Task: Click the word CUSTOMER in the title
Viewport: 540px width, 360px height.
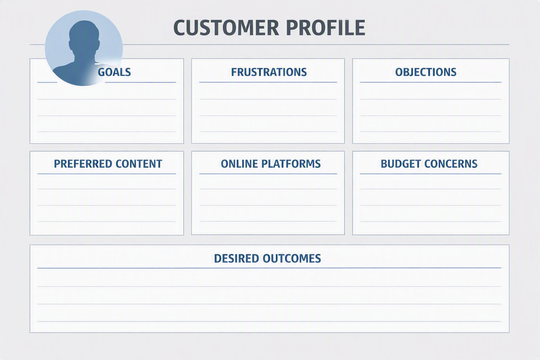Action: tap(226, 28)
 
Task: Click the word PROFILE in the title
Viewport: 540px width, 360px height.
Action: tap(326, 28)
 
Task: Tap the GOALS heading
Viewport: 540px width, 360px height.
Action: tap(114, 72)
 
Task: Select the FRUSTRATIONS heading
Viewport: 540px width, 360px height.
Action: tap(269, 72)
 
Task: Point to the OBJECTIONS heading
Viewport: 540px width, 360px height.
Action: tap(426, 72)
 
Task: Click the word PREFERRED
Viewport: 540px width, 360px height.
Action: tap(83, 164)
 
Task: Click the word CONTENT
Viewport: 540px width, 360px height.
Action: tap(139, 164)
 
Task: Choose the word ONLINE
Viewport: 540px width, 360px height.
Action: tap(239, 164)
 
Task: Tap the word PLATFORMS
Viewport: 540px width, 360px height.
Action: tap(291, 164)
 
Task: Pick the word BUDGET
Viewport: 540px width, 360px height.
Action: tap(401, 164)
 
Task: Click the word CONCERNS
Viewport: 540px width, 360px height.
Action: tap(451, 164)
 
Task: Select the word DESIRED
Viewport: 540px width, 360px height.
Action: tap(237, 258)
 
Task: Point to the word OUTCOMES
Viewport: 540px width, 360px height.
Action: tap(292, 258)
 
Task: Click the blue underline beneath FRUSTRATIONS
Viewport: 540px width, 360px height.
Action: tap(268, 82)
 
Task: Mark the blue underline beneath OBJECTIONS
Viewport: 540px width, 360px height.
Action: tap(431, 82)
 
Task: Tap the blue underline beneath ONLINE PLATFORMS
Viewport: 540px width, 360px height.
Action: tap(268, 174)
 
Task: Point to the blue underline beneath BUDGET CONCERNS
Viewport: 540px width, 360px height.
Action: tap(431, 174)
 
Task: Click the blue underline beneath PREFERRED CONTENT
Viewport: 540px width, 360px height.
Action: tap(107, 174)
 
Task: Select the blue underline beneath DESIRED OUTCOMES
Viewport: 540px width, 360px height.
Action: tap(269, 268)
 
